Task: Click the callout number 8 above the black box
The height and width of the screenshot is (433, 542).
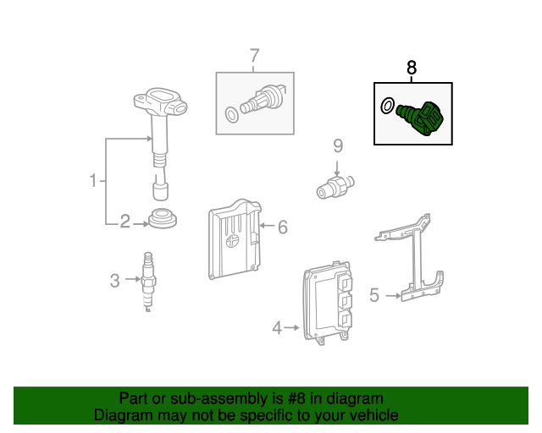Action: coord(412,68)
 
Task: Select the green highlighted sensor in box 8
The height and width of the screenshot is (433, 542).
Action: coord(420,118)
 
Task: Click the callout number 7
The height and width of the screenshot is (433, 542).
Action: coord(254,55)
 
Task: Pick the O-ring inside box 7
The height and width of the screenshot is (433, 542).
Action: coord(231,115)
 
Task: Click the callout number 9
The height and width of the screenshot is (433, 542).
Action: coord(338,145)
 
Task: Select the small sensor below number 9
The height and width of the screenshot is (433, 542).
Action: coord(335,187)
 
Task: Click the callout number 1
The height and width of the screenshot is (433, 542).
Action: coord(93,180)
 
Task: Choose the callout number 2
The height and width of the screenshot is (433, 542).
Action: coord(124,222)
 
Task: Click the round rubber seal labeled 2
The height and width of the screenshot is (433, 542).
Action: coord(163,218)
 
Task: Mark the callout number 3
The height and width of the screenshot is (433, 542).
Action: coord(115,281)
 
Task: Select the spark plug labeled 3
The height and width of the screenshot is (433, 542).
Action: coord(148,282)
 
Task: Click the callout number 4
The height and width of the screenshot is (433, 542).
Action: coord(277,327)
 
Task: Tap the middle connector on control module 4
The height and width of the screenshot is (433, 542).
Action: coord(345,300)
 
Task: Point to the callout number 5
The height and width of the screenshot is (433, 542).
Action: coord(374,295)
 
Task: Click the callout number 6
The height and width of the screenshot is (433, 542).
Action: coord(283,227)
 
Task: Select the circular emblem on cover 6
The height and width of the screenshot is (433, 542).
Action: coord(233,241)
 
